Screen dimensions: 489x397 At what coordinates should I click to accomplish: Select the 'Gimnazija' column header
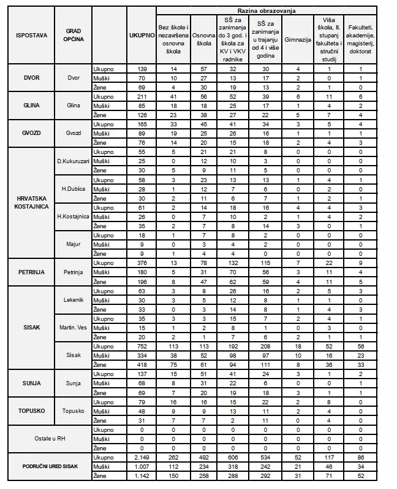point(297,37)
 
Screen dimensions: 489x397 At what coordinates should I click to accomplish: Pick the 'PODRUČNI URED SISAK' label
point(47,467)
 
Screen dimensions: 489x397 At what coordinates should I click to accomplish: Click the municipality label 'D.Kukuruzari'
point(73,161)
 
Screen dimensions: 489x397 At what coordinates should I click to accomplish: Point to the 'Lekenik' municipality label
point(73,299)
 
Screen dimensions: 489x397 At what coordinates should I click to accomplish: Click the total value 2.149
point(141,458)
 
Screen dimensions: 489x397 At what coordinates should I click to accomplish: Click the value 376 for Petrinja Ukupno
point(141,263)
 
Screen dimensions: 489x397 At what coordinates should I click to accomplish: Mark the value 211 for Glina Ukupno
point(141,96)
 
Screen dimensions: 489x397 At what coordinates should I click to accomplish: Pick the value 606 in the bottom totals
point(233,458)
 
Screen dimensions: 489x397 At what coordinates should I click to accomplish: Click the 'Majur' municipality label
point(73,244)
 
